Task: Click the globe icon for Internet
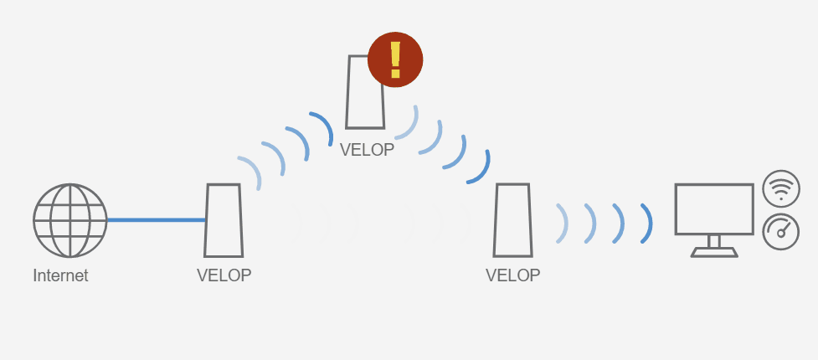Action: [x=69, y=220]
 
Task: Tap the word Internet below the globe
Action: [x=60, y=275]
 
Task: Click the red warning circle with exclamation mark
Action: [x=395, y=59]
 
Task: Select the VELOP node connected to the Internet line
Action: [x=224, y=220]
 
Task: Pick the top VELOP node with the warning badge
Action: [x=365, y=92]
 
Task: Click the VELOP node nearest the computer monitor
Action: [x=512, y=220]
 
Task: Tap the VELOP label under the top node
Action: [x=367, y=150]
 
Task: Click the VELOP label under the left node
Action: [x=224, y=275]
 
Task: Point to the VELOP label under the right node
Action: [x=512, y=275]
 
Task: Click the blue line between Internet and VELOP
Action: [x=157, y=220]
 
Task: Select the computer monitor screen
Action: [x=714, y=208]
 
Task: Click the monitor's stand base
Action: [x=714, y=253]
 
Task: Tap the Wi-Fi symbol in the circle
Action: [x=781, y=189]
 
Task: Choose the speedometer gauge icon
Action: [x=781, y=232]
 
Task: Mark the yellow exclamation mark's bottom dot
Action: [x=395, y=73]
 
